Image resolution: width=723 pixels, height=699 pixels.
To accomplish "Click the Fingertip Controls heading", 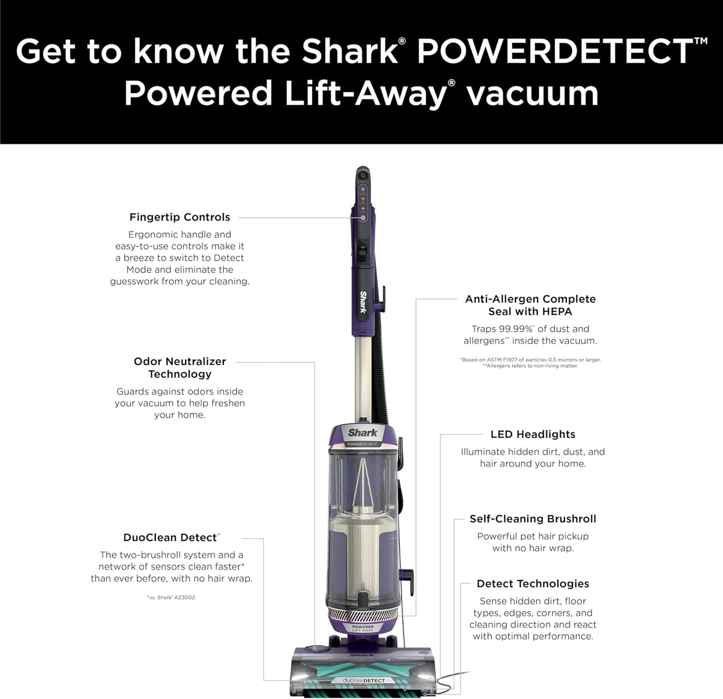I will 180,217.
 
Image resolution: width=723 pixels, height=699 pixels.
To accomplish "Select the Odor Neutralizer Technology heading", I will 180,367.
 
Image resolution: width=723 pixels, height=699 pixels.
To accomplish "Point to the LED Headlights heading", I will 533,434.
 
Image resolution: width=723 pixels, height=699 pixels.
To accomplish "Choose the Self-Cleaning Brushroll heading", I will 533,518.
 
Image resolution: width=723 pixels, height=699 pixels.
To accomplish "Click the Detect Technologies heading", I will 533,583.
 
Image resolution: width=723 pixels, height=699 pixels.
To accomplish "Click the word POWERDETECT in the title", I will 555,51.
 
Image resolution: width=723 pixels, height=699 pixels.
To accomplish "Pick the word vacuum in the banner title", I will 532,93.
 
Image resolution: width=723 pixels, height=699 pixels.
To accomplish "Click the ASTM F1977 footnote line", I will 530,359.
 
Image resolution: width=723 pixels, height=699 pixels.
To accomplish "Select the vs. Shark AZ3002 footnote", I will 172,597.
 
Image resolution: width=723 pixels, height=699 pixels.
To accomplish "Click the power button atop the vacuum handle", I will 363,175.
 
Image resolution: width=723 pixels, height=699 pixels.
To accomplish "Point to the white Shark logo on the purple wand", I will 363,301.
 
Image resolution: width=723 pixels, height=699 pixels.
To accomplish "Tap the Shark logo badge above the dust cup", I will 363,433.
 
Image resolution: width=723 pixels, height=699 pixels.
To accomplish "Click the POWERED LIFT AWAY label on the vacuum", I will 363,628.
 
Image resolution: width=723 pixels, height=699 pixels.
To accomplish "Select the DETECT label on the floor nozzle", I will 374,680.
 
